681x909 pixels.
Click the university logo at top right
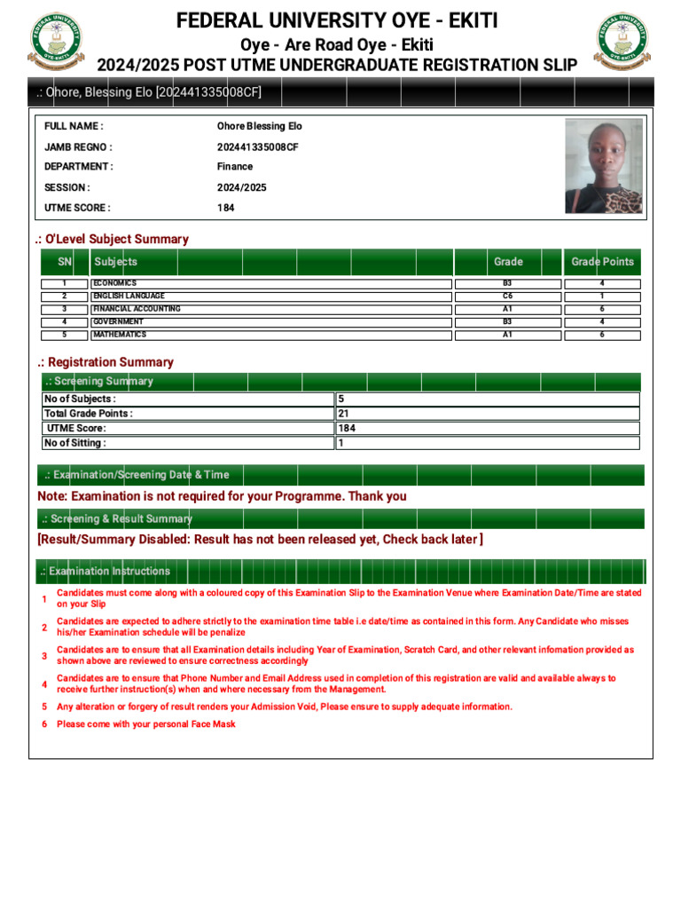622,42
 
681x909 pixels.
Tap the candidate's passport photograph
604,166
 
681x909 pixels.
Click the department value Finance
235,166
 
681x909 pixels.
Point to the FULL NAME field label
74,126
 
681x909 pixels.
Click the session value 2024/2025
241,187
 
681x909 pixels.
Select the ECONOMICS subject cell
115,283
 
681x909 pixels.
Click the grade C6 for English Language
507,296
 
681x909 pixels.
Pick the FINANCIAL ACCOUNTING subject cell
137,309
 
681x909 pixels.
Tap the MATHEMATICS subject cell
120,335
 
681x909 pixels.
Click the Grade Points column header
602,262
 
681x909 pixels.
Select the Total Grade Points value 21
343,414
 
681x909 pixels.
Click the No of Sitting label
75,443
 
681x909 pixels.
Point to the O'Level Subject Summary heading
112,239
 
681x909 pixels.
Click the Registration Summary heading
106,362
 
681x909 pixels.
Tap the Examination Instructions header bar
340,571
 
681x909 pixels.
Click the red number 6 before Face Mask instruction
44,724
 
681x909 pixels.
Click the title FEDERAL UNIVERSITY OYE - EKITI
337,20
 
